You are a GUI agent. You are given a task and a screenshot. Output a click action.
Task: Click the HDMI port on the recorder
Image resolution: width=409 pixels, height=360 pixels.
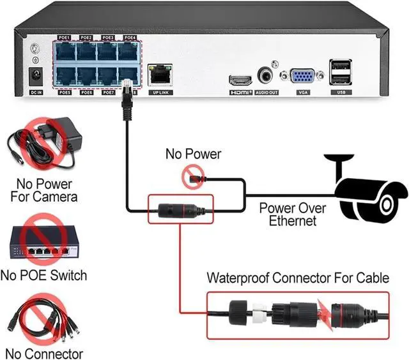pyautogui.click(x=240, y=80)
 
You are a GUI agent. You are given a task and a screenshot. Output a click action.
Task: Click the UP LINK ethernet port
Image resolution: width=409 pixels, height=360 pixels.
pyautogui.click(x=160, y=76)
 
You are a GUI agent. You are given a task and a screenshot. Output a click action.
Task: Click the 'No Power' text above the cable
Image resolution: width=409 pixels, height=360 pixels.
pyautogui.click(x=193, y=154)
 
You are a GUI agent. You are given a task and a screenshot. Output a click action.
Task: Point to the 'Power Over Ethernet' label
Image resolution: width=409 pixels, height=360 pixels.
pyautogui.click(x=293, y=214)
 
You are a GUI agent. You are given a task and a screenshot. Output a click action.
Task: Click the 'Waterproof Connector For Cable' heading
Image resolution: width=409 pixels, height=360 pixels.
pyautogui.click(x=297, y=278)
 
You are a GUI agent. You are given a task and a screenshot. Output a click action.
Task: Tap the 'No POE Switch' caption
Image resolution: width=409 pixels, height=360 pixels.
pyautogui.click(x=43, y=276)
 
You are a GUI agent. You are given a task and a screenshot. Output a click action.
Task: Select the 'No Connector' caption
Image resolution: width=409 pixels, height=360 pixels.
pyautogui.click(x=43, y=353)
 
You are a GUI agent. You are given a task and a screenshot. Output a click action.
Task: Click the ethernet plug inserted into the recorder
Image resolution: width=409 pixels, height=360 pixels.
pyautogui.click(x=127, y=89)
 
